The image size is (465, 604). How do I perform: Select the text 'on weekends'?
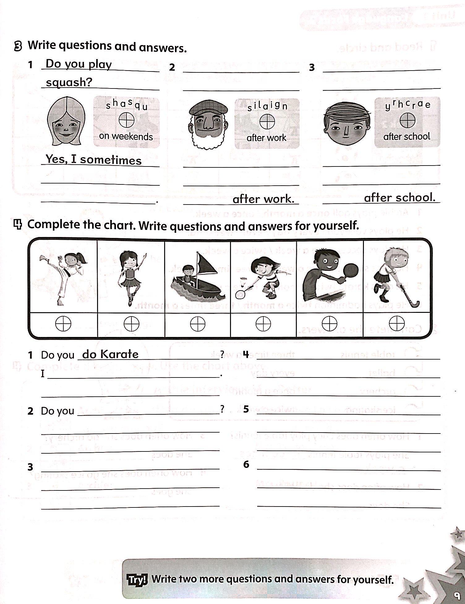pyautogui.click(x=126, y=136)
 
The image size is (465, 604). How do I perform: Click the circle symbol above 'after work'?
pyautogui.click(x=267, y=121)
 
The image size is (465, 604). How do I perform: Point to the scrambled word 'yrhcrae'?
pyautogui.click(x=407, y=105)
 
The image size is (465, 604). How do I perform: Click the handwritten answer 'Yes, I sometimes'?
pyautogui.click(x=93, y=160)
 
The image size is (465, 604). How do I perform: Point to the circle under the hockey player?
pyautogui.click(x=397, y=324)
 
